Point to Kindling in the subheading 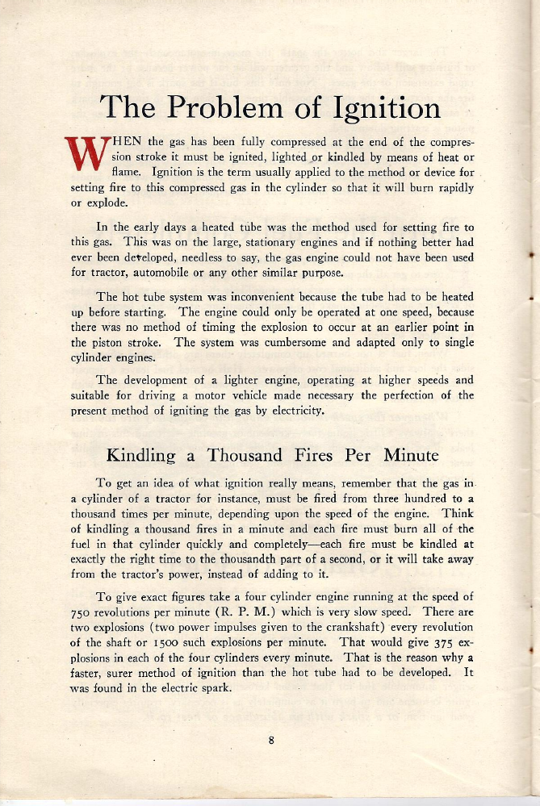click(x=142, y=455)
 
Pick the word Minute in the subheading click(x=411, y=455)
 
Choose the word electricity click(x=294, y=412)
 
